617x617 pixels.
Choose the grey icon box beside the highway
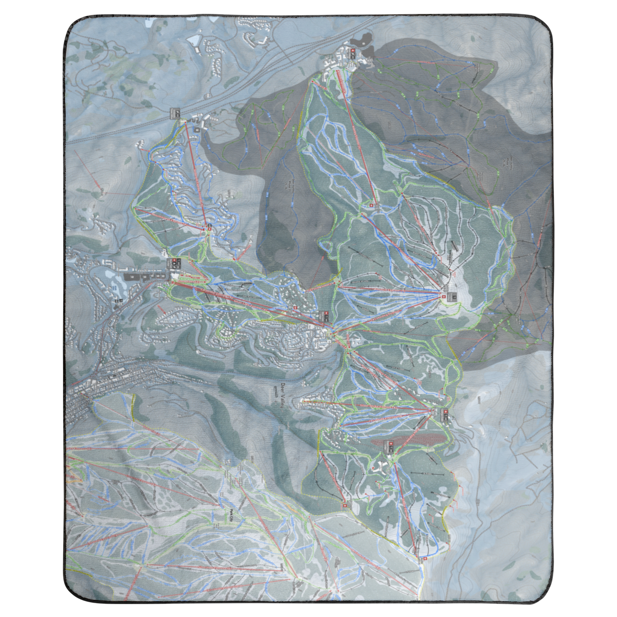pyautogui.click(x=176, y=113)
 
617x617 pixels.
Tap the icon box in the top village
pyautogui.click(x=352, y=53)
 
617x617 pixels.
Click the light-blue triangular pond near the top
pyautogui.click(x=194, y=40)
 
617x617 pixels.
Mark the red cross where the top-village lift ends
pyautogui.click(x=372, y=205)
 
